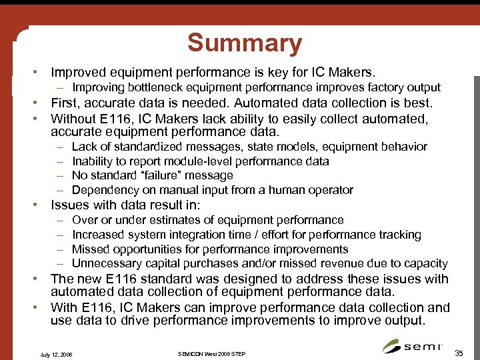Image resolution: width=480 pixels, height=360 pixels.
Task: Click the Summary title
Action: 245,43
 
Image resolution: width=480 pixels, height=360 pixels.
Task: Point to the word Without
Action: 74,119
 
